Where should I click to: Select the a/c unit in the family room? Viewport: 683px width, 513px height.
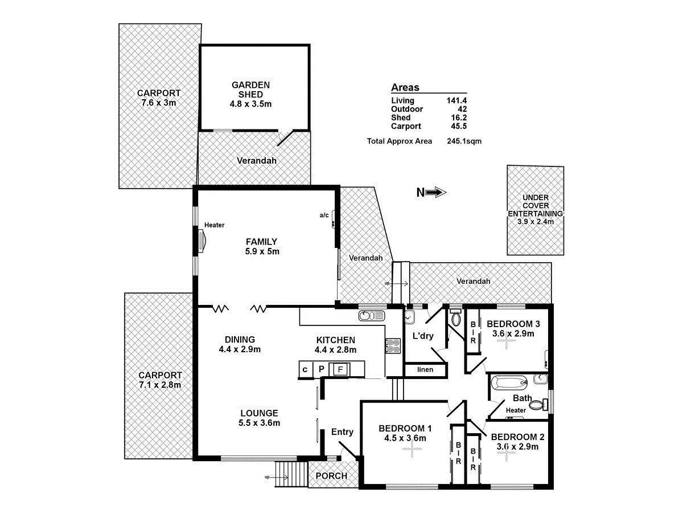(x=332, y=220)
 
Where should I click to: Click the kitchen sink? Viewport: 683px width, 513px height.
(x=372, y=315)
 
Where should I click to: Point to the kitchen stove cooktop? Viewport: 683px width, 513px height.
(x=392, y=347)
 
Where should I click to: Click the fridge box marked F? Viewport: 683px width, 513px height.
(x=340, y=369)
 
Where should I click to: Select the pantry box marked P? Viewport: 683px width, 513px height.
(x=321, y=369)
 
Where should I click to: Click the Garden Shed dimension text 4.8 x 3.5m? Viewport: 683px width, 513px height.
(x=250, y=104)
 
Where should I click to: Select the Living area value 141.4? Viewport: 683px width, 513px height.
(x=456, y=101)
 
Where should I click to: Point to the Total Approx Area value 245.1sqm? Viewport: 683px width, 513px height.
(x=464, y=141)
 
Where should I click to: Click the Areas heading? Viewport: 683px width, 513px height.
(x=405, y=88)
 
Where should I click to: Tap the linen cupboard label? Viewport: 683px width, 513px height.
(x=425, y=370)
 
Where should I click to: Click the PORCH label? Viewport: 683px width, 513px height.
(x=331, y=477)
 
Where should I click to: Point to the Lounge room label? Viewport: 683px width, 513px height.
(x=259, y=413)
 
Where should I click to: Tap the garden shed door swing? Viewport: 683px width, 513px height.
(x=285, y=137)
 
